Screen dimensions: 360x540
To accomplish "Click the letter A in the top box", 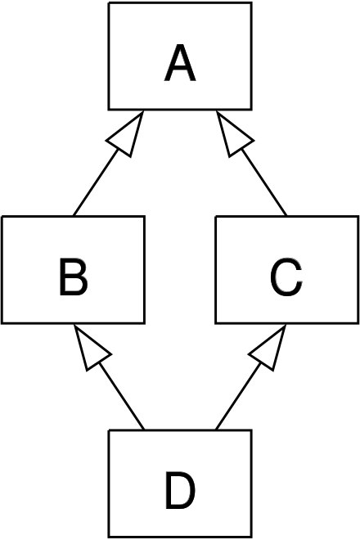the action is click(x=180, y=63).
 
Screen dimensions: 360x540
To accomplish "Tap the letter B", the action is click(x=74, y=277).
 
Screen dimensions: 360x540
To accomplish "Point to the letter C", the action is click(x=286, y=277).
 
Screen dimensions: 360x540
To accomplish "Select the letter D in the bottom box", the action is click(x=180, y=490).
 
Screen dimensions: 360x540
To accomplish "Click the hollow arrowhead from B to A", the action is click(x=127, y=135).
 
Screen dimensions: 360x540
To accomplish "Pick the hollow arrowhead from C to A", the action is click(x=234, y=135).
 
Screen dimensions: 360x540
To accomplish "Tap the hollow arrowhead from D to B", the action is click(x=91, y=349).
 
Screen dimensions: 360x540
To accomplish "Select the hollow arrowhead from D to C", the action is click(x=269, y=349).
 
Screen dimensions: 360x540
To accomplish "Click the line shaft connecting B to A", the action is click(x=96, y=182).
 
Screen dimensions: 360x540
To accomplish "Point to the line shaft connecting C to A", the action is click(x=264, y=182).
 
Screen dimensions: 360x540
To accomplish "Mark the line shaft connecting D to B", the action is click(x=122, y=396).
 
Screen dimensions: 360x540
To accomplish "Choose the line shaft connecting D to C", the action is click(x=238, y=396).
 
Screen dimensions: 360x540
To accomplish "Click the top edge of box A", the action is click(x=180, y=3).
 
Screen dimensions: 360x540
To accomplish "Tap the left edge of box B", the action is click(x=2, y=270).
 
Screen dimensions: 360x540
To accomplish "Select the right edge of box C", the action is click(x=358, y=270).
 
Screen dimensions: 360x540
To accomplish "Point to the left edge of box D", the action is click(x=109, y=484).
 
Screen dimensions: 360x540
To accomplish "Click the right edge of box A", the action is click(x=251, y=56).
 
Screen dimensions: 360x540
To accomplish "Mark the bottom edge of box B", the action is click(x=73, y=322).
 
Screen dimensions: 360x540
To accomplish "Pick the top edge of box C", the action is click(x=287, y=217).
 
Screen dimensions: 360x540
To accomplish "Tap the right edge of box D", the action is click(x=251, y=484).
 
